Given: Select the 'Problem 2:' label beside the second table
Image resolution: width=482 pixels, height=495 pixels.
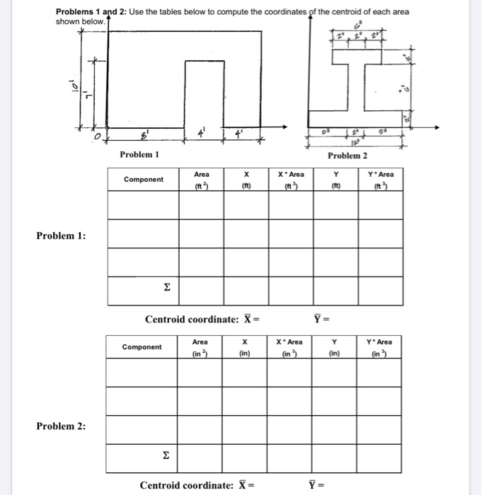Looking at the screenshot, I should click(x=62, y=426).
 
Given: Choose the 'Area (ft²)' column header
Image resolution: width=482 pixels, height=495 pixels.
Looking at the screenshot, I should click(x=201, y=180).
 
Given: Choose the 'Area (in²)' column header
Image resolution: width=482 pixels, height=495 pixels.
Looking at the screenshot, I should click(x=200, y=347).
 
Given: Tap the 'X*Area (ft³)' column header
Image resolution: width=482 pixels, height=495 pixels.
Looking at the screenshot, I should click(x=291, y=180).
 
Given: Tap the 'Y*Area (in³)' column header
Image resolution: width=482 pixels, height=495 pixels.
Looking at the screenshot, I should click(x=380, y=347).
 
